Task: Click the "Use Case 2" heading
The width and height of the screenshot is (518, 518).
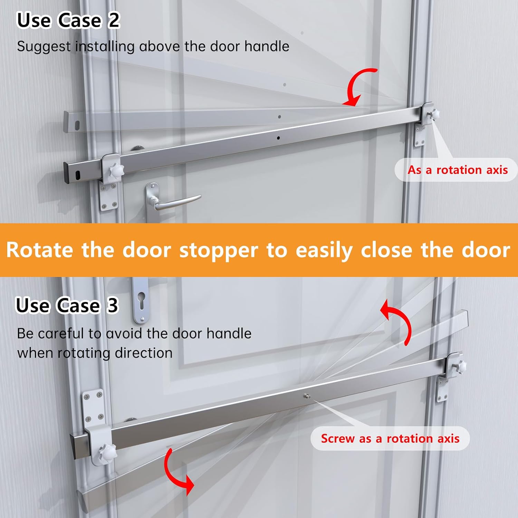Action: pos(68,20)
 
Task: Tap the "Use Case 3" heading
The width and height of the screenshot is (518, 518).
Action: pos(67,305)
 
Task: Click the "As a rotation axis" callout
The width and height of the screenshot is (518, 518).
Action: pos(458,170)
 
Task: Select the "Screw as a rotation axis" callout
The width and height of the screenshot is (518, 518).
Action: pos(390,439)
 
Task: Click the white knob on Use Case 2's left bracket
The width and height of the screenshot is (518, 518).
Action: pos(115,171)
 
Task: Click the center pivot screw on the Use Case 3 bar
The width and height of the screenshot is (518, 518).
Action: pos(307,396)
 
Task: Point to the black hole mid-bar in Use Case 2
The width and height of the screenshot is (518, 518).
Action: pos(278,138)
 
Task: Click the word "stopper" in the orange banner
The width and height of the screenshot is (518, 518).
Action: pos(219,251)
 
